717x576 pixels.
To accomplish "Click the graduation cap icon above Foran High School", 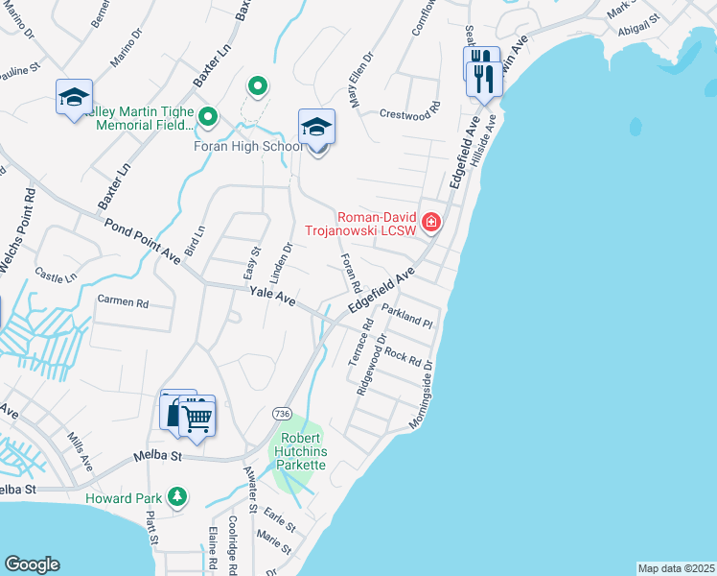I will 317,127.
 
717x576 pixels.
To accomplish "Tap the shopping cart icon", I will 197,418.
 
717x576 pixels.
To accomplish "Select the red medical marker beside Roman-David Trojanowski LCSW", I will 431,223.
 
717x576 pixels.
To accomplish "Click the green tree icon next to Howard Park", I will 176,496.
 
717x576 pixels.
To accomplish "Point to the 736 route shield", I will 281,412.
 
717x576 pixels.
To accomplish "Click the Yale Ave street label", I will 272,298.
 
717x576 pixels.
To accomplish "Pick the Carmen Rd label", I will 124,301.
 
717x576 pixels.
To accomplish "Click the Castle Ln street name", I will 56,276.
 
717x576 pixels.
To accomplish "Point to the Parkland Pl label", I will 409,315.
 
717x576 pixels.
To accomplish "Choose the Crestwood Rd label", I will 409,110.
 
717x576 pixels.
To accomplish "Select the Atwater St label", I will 251,485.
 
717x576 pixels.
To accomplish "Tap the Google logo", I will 32,564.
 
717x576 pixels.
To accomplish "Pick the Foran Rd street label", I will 350,273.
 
